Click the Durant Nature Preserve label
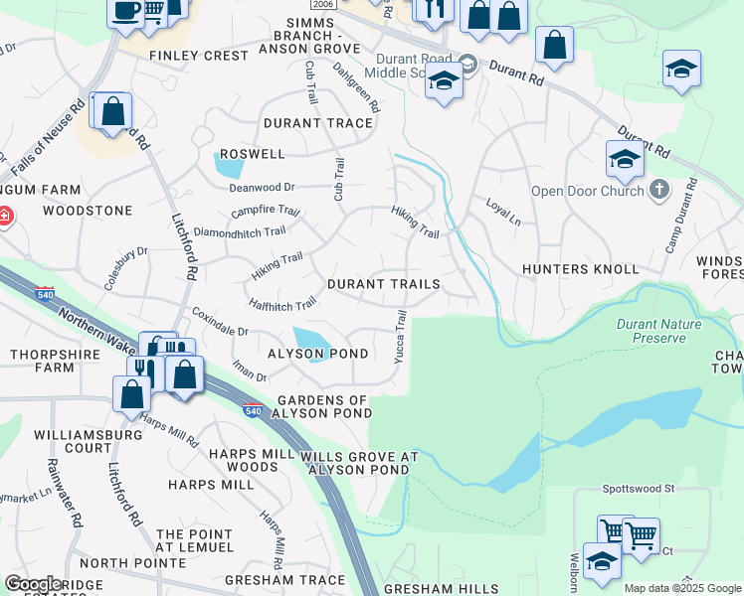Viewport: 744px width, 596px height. tap(658, 331)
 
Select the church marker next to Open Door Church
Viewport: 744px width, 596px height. tap(658, 189)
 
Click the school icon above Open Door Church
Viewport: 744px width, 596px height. tap(624, 158)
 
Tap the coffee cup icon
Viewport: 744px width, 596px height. tap(125, 12)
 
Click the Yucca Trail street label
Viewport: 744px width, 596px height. tap(400, 336)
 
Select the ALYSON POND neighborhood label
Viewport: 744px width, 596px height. tap(318, 354)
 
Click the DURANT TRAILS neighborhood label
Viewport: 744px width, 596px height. tap(383, 284)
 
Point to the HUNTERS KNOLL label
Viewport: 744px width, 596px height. tap(580, 269)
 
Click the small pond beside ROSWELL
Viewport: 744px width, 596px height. tap(228, 166)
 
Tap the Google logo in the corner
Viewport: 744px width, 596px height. tap(33, 584)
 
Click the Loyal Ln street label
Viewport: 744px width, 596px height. tap(502, 212)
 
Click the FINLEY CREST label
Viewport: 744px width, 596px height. tap(198, 56)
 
